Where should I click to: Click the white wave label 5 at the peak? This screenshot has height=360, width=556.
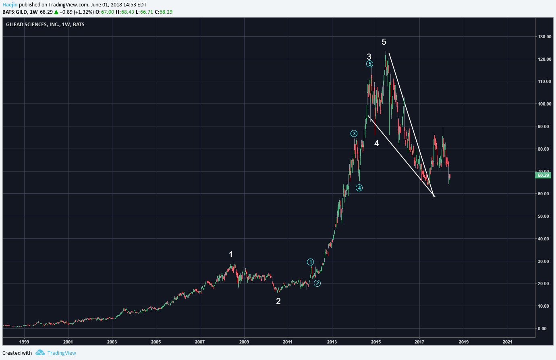384,42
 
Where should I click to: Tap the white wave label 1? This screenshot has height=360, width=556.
231,254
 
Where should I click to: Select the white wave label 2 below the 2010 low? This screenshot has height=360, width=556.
278,301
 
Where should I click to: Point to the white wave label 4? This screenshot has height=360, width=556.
376,143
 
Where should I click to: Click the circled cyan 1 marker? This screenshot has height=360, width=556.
310,262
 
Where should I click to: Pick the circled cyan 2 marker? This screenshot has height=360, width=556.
317,283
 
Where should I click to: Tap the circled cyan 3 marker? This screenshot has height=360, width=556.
354,134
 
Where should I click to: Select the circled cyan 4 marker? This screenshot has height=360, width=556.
359,188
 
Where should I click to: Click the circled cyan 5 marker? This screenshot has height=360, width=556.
370,64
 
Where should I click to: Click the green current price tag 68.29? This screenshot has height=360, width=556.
543,175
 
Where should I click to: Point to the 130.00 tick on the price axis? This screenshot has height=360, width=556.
545,37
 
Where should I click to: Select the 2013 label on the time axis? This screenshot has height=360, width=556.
332,342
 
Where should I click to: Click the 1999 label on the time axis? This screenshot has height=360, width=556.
24,342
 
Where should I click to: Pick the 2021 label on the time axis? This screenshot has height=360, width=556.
508,342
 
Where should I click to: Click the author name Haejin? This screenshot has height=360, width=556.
10,5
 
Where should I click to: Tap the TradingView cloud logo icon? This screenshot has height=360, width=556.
40,353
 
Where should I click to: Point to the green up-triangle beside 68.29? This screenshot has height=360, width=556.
56,12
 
